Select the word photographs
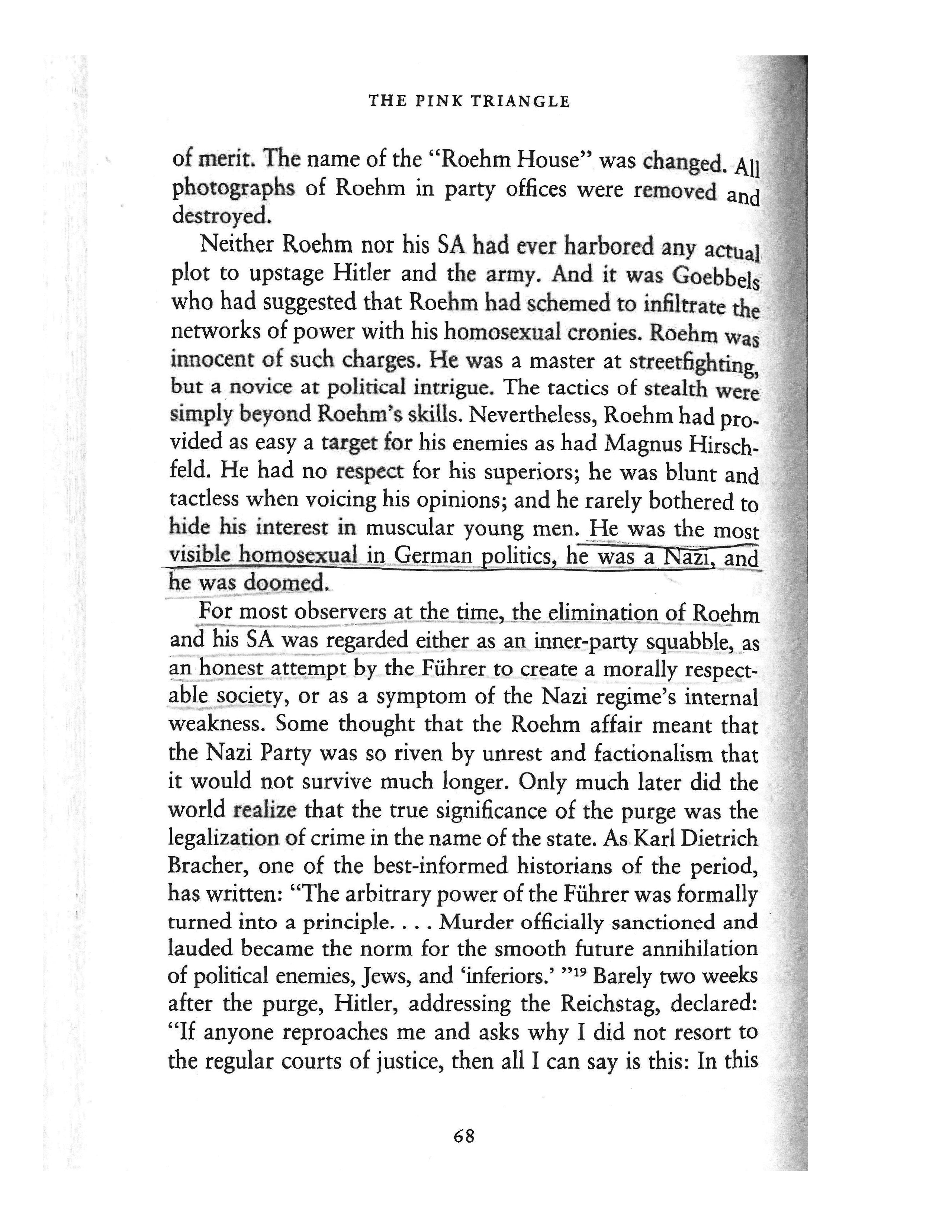click(x=233, y=189)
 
